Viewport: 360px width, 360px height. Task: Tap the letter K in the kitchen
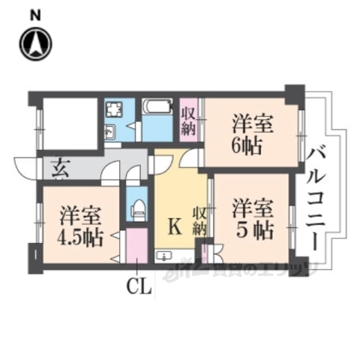[x=173, y=225]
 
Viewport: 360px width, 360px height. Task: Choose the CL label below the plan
[x=139, y=286]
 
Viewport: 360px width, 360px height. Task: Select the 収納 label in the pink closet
[x=188, y=121]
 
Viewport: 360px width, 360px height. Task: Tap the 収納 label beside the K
[x=198, y=218]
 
